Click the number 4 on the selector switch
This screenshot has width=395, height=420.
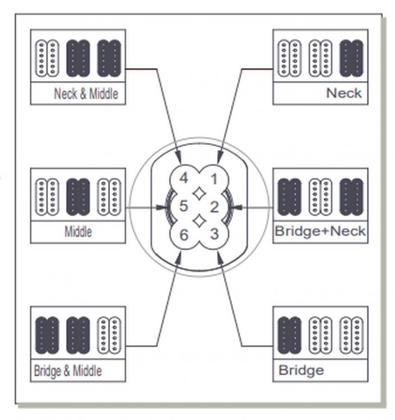pos(184,178)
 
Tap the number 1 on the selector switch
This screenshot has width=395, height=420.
pos(214,179)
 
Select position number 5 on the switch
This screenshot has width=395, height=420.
pos(184,206)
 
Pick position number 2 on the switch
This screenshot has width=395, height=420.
pos(215,207)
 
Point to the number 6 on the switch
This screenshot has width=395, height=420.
pos(184,235)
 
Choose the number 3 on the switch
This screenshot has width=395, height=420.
pos(215,234)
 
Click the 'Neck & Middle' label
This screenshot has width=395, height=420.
pos(86,94)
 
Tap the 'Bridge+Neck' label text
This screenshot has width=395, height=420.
pos(320,231)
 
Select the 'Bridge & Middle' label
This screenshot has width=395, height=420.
pos(68,371)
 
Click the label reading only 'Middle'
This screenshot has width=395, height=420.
pos(78,232)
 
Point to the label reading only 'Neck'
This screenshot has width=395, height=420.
pos(344,93)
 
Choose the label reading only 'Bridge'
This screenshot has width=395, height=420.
pos(301,371)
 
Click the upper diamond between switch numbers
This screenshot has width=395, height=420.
pos(199,193)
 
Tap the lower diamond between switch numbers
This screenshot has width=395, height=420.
pos(199,221)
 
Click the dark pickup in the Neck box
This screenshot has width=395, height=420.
pos(351,58)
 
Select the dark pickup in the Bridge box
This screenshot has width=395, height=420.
pos(290,335)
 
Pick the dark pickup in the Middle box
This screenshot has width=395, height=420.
pos(78,197)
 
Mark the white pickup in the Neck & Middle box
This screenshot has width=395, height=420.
pos(47,58)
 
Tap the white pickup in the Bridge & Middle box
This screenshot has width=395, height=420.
pos(109,335)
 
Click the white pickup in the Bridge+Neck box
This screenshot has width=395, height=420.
pos(320,197)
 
